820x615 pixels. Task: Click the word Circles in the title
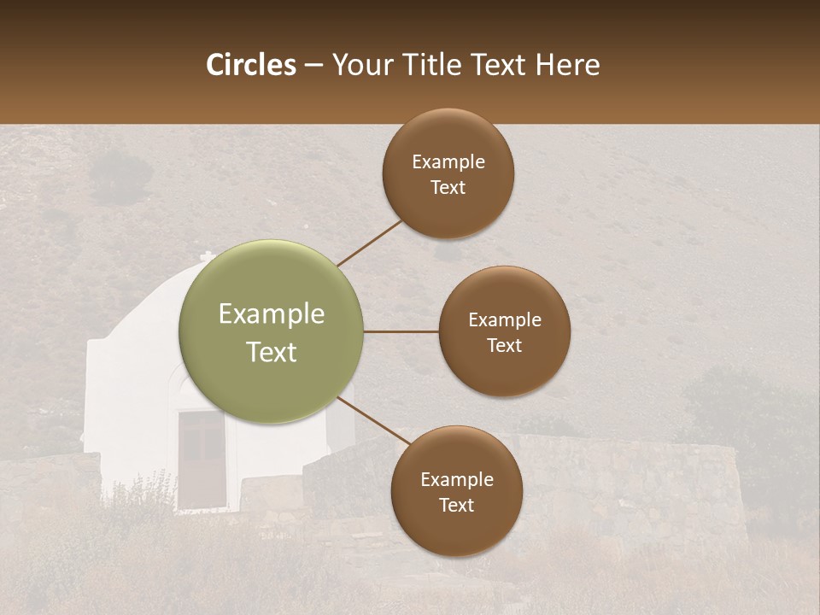251,65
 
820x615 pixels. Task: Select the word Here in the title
567,65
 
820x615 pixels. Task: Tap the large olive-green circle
272,331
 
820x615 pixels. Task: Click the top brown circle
448,173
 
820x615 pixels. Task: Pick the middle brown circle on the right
504,331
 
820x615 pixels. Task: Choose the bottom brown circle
456,491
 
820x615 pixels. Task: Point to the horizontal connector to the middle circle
401,331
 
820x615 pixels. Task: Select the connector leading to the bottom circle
373,422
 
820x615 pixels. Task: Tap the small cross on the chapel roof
207,256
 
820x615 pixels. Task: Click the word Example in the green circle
272,314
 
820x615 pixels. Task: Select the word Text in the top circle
448,188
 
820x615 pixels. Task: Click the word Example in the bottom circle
456,479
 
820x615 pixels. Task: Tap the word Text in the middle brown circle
504,346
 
